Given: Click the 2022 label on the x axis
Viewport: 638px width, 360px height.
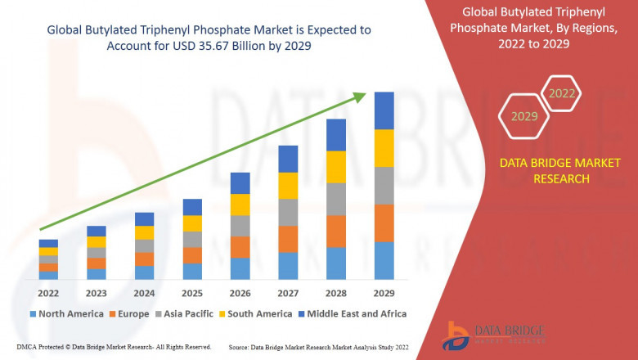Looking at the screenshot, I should (x=48, y=293).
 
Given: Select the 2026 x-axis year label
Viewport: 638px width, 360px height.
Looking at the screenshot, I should (x=240, y=293).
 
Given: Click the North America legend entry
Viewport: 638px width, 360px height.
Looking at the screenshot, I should (x=65, y=313).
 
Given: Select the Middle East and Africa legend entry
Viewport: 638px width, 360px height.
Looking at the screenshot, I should (x=353, y=313).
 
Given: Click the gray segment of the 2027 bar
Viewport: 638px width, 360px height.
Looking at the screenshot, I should (x=287, y=213).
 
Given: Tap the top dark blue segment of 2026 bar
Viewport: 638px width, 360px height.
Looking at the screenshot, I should (x=240, y=183).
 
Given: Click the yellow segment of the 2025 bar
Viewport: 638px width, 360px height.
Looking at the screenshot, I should (x=192, y=223).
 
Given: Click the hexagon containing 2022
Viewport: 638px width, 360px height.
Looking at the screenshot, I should (x=561, y=93).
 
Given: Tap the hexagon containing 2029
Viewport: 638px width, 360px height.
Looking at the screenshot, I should (x=524, y=116).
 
